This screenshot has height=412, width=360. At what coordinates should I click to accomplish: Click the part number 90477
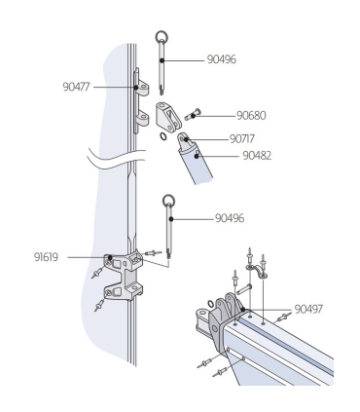[76, 87]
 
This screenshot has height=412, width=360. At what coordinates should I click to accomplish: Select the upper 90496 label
[222, 59]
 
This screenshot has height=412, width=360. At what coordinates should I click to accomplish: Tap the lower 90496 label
[230, 218]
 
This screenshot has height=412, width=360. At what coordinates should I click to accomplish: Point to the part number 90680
[251, 116]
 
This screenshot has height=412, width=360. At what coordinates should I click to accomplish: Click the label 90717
[242, 139]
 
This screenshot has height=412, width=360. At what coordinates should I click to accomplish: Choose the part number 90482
[257, 156]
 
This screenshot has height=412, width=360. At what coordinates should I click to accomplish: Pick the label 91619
[46, 257]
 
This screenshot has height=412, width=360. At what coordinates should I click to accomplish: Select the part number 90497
[308, 309]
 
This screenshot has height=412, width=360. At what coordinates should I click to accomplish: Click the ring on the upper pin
[162, 36]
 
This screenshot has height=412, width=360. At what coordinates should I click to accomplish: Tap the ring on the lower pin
[168, 201]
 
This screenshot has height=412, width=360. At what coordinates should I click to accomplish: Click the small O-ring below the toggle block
[163, 136]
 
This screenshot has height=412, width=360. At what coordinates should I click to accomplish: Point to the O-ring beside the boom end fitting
[211, 304]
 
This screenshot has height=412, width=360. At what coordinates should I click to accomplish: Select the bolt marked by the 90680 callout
[193, 115]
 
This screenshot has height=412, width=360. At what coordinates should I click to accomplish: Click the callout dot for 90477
[136, 87]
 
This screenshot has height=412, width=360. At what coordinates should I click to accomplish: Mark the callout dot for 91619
[110, 257]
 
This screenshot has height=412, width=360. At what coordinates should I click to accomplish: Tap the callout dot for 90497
[243, 310]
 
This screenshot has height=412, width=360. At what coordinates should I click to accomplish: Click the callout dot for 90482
[197, 156]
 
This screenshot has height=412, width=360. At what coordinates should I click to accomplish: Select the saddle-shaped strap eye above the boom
[256, 271]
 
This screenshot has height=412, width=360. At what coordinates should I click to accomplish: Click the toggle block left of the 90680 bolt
[168, 117]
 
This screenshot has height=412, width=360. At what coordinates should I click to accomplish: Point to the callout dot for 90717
[186, 139]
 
